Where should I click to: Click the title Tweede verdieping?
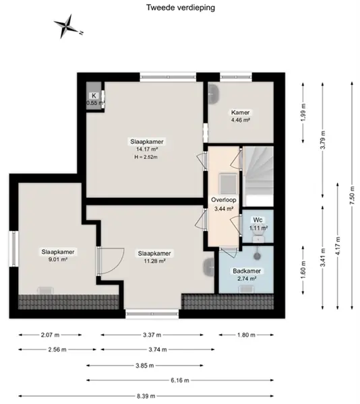tap(181, 7)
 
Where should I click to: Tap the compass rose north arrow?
tap(68, 26)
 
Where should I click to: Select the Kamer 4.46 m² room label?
tap(241, 116)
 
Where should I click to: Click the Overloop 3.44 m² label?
tap(224, 204)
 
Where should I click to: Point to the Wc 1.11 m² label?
tap(258, 224)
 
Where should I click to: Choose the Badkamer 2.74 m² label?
tap(247, 275)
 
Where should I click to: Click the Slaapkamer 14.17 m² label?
tap(147, 145)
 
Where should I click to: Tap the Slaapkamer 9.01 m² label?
tap(58, 255)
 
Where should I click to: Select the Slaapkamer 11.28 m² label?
tap(154, 257)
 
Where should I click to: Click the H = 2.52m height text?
tap(146, 157)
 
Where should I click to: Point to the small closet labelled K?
tap(94, 96)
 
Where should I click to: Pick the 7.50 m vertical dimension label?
tap(352, 195)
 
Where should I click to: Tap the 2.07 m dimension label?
tap(50, 335)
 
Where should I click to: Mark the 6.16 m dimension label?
tap(180, 380)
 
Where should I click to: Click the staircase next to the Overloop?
tap(258, 176)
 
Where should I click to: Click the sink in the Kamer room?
tap(214, 95)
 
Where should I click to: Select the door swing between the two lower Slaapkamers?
tap(111, 261)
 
